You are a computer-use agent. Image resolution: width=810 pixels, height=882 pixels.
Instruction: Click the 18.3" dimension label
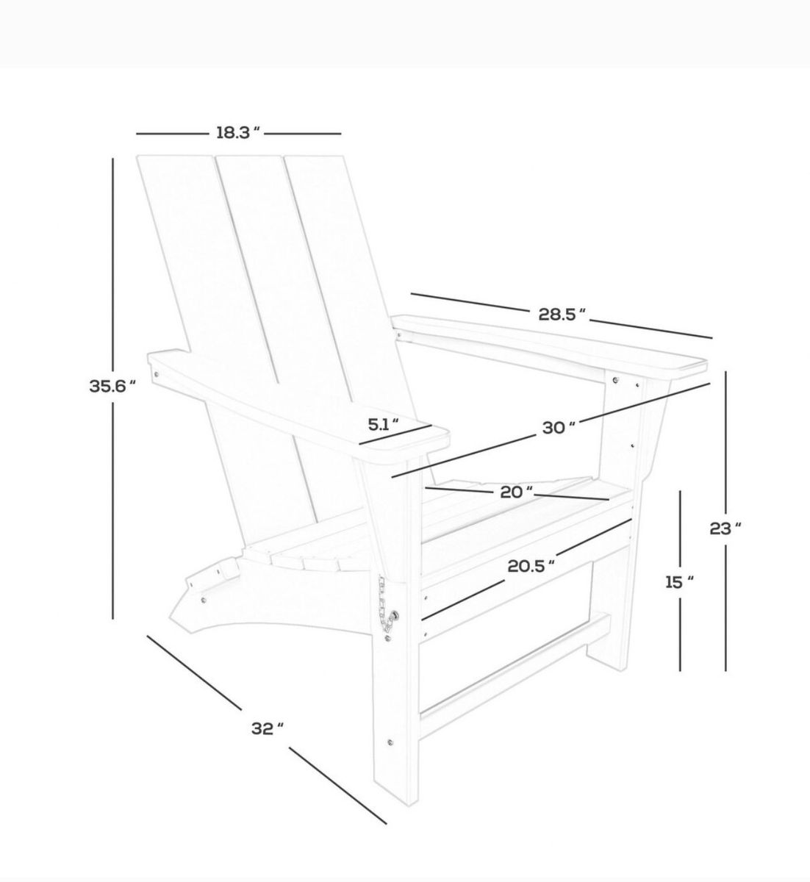[238, 133]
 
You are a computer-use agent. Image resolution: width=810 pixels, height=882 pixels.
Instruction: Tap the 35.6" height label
[112, 387]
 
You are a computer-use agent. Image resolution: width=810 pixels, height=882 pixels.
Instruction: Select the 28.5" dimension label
[562, 315]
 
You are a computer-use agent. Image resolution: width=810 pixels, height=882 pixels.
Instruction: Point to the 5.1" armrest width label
[384, 425]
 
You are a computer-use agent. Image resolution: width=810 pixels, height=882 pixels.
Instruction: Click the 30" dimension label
[559, 427]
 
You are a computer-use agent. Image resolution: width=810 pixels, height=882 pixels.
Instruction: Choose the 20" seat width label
[517, 492]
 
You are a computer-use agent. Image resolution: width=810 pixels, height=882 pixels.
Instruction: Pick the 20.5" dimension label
[531, 566]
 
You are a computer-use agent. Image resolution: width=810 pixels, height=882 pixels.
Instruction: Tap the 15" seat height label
[679, 583]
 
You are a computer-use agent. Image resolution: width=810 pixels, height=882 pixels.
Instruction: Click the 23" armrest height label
[725, 528]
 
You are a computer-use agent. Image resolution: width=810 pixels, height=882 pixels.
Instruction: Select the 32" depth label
[268, 728]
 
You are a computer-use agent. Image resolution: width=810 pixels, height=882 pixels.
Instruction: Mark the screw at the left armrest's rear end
[156, 375]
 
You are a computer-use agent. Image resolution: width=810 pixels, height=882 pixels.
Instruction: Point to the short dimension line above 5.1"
[395, 435]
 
